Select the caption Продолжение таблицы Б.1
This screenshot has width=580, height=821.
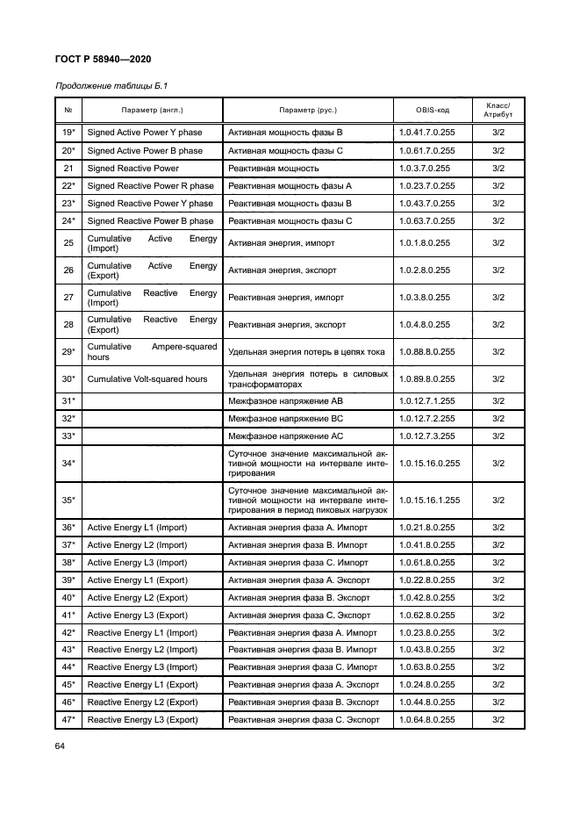[111, 86]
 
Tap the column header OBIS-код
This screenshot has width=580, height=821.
[433, 111]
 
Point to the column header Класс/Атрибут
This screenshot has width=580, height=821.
[498, 110]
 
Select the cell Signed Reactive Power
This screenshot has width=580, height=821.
[133, 169]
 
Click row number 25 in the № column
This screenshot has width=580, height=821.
[68, 243]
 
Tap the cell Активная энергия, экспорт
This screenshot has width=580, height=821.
[282, 270]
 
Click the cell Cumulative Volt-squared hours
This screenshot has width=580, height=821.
[147, 379]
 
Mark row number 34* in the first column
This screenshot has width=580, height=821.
[68, 463]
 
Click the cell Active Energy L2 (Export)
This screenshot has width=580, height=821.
[138, 597]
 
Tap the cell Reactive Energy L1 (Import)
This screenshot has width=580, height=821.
[142, 632]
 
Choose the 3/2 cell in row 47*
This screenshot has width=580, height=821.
[498, 720]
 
